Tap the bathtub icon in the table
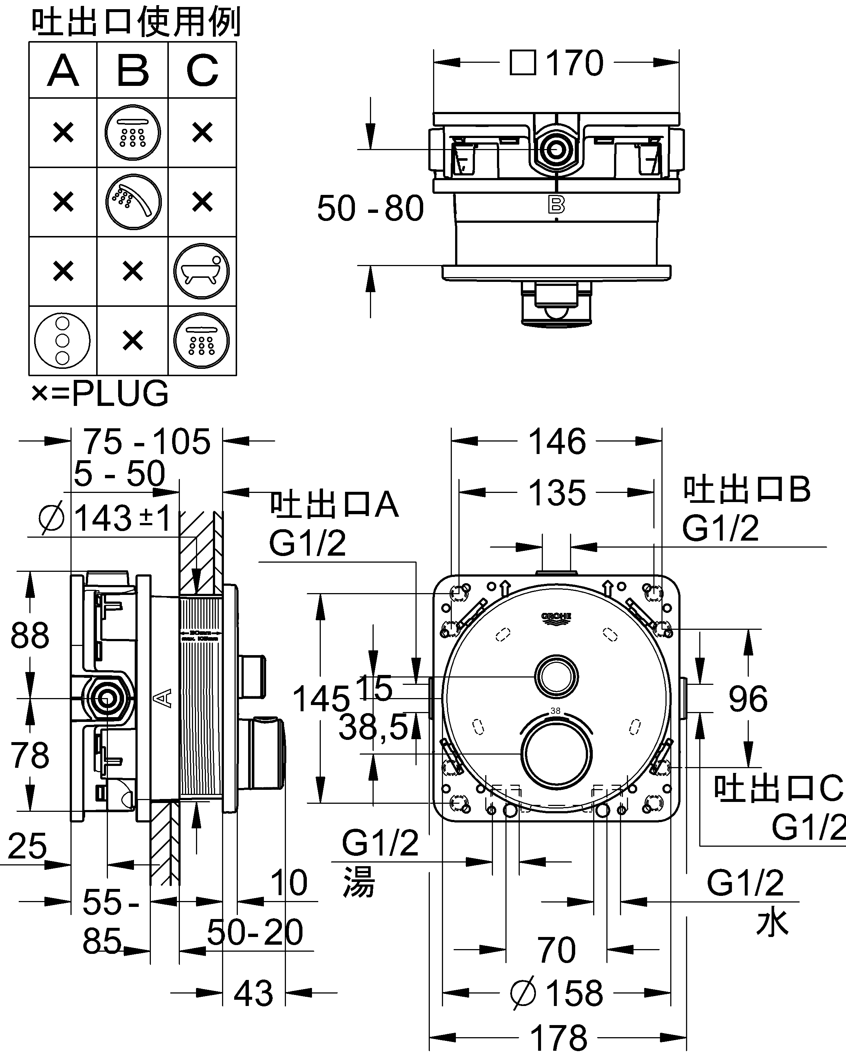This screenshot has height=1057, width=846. pyautogui.click(x=201, y=271)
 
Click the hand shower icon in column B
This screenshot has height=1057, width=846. pyautogui.click(x=133, y=201)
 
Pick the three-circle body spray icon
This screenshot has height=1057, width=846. pyautogui.click(x=62, y=341)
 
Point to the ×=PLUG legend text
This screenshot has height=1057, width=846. pyautogui.click(x=100, y=393)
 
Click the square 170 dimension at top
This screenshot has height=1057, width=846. pyautogui.click(x=556, y=63)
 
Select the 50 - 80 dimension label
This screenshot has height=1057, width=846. pyautogui.click(x=370, y=208)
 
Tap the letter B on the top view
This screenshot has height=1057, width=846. pyautogui.click(x=556, y=205)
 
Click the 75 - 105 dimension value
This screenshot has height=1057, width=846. pyautogui.click(x=146, y=441)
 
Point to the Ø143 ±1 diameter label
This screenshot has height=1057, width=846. pyautogui.click(x=105, y=518)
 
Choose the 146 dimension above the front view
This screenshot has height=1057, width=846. pyautogui.click(x=557, y=441)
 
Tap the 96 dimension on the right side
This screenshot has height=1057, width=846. pyautogui.click(x=748, y=699)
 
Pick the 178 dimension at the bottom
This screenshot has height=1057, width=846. pyautogui.click(x=558, y=1038)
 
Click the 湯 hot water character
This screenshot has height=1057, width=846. pyautogui.click(x=359, y=882)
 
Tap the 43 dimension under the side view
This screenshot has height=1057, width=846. pyautogui.click(x=253, y=994)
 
